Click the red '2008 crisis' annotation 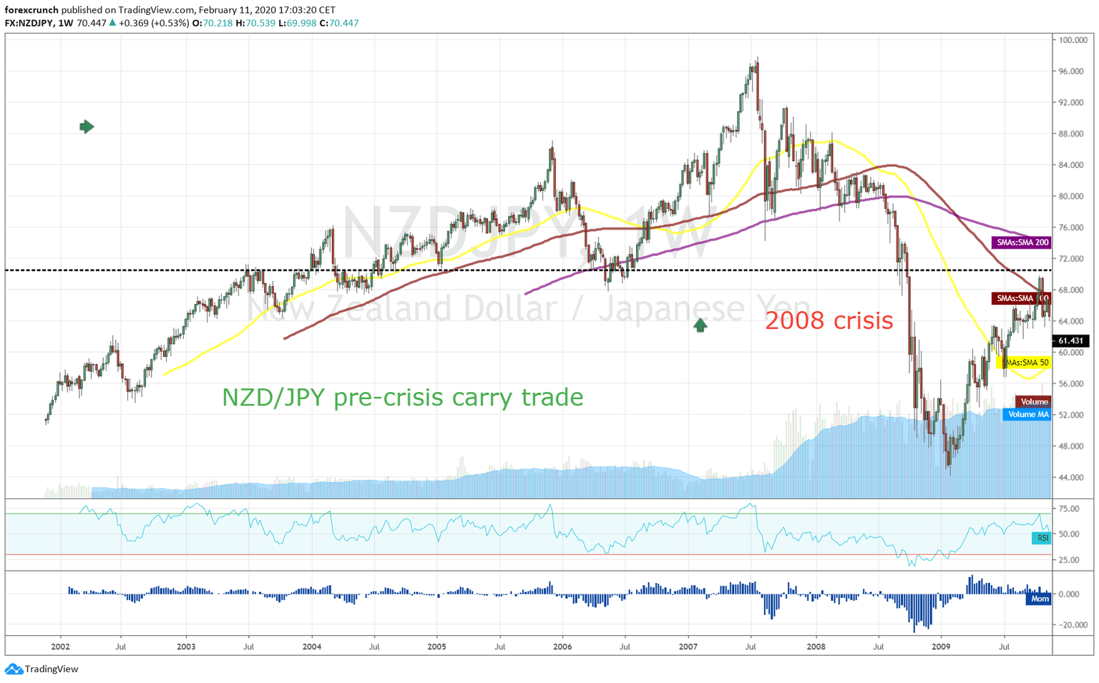[829, 320]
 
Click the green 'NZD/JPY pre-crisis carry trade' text [402, 397]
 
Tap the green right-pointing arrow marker [87, 127]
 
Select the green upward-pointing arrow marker [700, 325]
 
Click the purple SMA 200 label [1022, 242]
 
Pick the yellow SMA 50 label [1023, 363]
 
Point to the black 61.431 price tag [1070, 341]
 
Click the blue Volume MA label [1027, 415]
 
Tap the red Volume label [1034, 402]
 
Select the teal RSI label [1042, 538]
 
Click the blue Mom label [1039, 599]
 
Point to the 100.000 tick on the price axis [1073, 40]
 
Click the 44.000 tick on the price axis [1071, 477]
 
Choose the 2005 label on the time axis [436, 647]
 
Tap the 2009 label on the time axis [941, 647]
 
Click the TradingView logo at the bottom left [41, 669]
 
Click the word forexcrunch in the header [31, 10]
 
